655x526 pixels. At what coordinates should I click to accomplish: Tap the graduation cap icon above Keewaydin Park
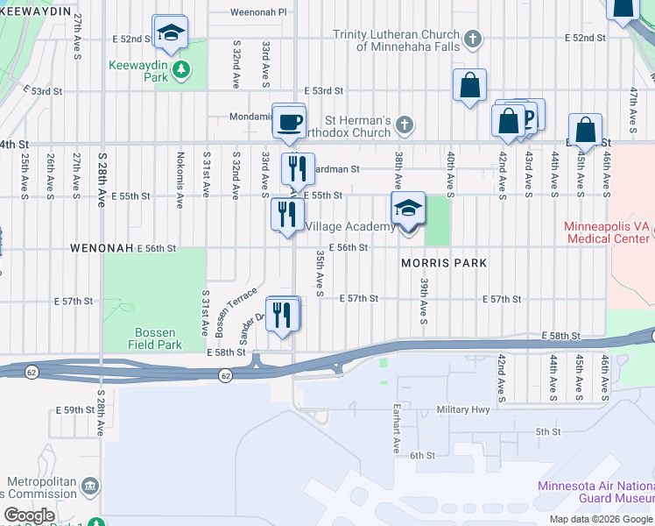(168, 33)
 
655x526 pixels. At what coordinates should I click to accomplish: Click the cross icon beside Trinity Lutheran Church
(472, 39)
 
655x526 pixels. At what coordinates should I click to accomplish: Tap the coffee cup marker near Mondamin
(288, 122)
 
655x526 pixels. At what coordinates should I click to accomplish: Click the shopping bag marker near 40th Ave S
(469, 86)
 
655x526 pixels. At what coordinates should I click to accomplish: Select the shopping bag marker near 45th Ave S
(585, 131)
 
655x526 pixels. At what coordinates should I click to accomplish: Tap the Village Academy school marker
(408, 210)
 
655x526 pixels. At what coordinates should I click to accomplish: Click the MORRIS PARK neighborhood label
(443, 263)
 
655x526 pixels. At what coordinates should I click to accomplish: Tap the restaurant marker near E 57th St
(281, 314)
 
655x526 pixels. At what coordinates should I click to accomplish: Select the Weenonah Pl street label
(258, 12)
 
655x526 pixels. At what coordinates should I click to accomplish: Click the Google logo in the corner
(30, 515)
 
